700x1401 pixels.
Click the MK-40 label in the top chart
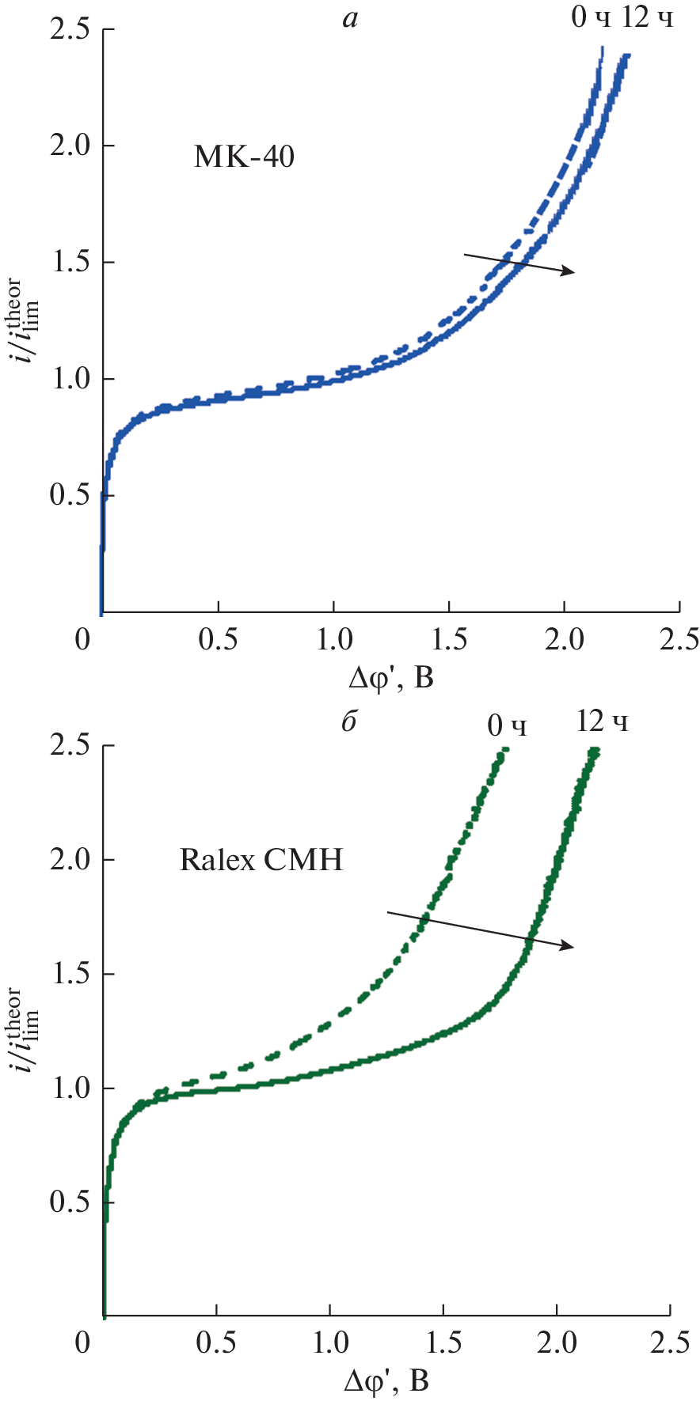[x=244, y=157]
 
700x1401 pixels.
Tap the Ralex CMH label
[x=261, y=859]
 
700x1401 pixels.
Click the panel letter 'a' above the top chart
[x=350, y=18]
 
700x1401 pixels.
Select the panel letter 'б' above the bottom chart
[x=349, y=721]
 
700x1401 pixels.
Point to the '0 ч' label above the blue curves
[x=591, y=17]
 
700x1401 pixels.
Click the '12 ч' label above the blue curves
[x=647, y=17]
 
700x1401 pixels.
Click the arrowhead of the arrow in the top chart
[x=569, y=272]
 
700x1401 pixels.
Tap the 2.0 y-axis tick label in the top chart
[x=69, y=146]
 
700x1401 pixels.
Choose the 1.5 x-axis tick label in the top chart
[x=449, y=639]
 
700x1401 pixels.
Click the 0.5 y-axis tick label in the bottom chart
[x=69, y=1202]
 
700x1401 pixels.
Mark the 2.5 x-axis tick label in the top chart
[x=679, y=639]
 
